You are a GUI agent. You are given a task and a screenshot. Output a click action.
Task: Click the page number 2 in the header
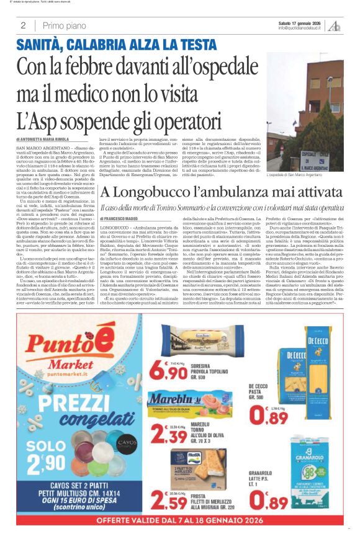(x=23, y=25)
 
